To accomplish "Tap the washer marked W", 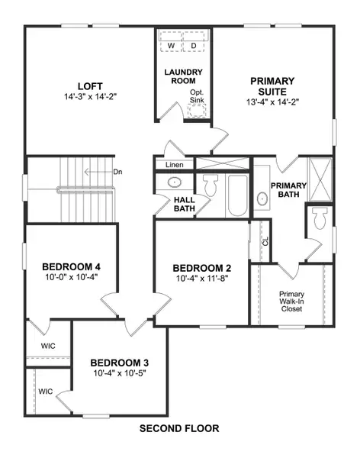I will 171,47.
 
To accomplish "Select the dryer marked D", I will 194,47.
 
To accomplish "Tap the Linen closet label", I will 173,165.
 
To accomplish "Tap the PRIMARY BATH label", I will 289,190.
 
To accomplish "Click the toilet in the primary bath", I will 319,219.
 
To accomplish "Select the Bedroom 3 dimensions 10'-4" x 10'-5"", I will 119,373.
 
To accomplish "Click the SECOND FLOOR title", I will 180,428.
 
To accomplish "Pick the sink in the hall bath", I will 173,183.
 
